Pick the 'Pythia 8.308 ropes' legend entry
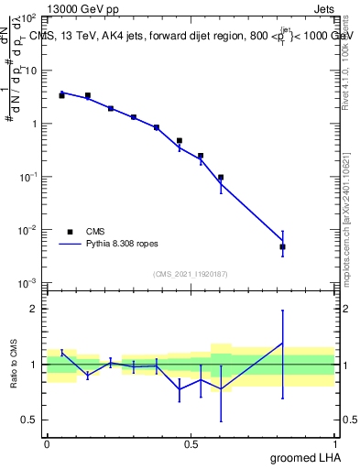point(110,245)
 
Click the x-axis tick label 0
point(47,443)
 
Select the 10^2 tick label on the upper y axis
point(27,18)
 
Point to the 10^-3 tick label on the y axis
point(27,283)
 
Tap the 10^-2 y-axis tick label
point(27,230)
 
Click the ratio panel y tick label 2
point(34,309)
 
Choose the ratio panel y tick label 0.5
point(29,420)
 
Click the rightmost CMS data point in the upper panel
point(283,246)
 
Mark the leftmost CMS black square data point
point(61,95)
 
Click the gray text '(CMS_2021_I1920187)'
point(191,274)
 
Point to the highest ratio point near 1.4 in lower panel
point(283,343)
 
